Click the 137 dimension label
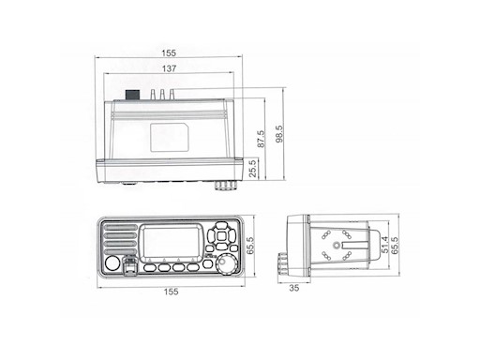pyautogui.click(x=169, y=68)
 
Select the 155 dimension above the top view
pyautogui.click(x=169, y=52)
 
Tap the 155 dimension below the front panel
pyautogui.click(x=171, y=292)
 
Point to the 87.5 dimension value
pyautogui.click(x=261, y=139)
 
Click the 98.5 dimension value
pyautogui.click(x=279, y=134)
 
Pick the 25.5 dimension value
pyautogui.click(x=253, y=169)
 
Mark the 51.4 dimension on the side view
pyautogui.click(x=385, y=245)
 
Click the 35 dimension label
pyautogui.click(x=294, y=288)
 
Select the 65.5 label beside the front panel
pyautogui.click(x=250, y=246)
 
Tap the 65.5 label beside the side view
pyautogui.click(x=395, y=246)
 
